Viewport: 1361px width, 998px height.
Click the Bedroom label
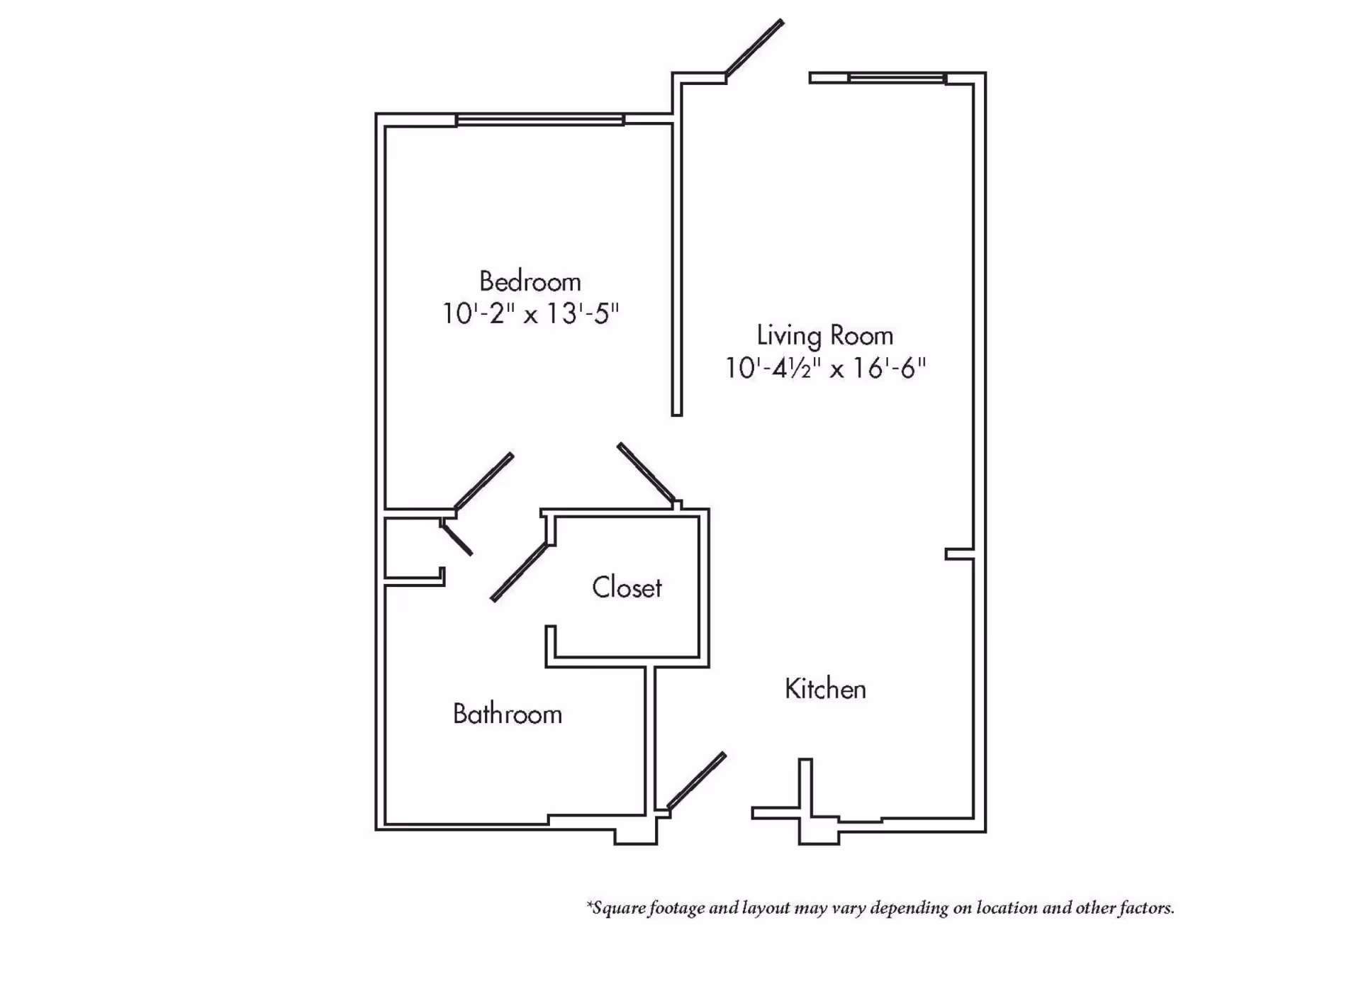click(530, 282)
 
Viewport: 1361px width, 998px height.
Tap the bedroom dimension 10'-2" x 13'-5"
click(531, 313)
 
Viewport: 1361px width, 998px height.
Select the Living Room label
click(824, 336)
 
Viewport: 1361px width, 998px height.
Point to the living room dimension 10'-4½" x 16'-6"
click(825, 368)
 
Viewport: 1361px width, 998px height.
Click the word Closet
click(627, 588)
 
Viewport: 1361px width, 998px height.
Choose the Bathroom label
click(508, 714)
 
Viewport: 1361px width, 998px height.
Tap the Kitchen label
click(825, 689)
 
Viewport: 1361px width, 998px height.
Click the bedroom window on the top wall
click(540, 120)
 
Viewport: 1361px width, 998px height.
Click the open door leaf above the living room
click(754, 47)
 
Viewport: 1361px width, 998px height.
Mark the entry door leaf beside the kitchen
click(697, 780)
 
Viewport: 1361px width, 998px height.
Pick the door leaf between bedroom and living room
click(646, 473)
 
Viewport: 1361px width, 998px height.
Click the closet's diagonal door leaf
click(520, 572)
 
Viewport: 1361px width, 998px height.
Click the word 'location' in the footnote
click(1007, 908)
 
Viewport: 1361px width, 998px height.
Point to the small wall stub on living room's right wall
click(959, 554)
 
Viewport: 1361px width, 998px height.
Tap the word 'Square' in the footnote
click(615, 909)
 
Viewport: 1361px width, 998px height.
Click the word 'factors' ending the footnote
click(1146, 908)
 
